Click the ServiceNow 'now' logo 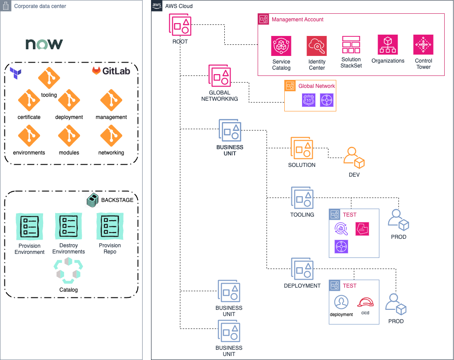tap(44, 44)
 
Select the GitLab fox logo tap(96, 71)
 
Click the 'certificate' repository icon tap(29, 101)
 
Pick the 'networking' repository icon tap(111, 136)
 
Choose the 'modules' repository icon tap(69, 136)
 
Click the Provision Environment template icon tap(29, 226)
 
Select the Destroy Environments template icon tap(68, 226)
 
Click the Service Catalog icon tap(281, 46)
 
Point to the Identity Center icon tap(317, 46)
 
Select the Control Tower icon tap(423, 45)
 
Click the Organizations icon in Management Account tap(388, 45)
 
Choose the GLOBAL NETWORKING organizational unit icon tap(220, 76)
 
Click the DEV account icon tap(354, 158)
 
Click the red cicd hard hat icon tap(365, 302)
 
